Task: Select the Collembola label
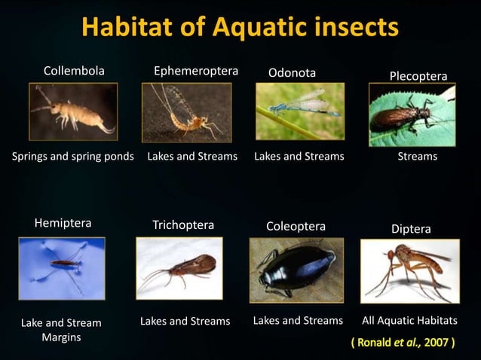click(74, 72)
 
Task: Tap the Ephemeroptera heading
click(196, 72)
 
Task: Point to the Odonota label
click(292, 72)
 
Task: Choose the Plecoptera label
click(418, 76)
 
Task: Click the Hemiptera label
click(63, 224)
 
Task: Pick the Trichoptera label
click(183, 225)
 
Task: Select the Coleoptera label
click(296, 226)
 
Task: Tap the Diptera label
click(410, 228)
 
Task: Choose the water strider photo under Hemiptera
click(62, 267)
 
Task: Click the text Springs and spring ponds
click(73, 157)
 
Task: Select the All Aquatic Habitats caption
click(409, 321)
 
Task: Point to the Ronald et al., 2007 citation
click(403, 343)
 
